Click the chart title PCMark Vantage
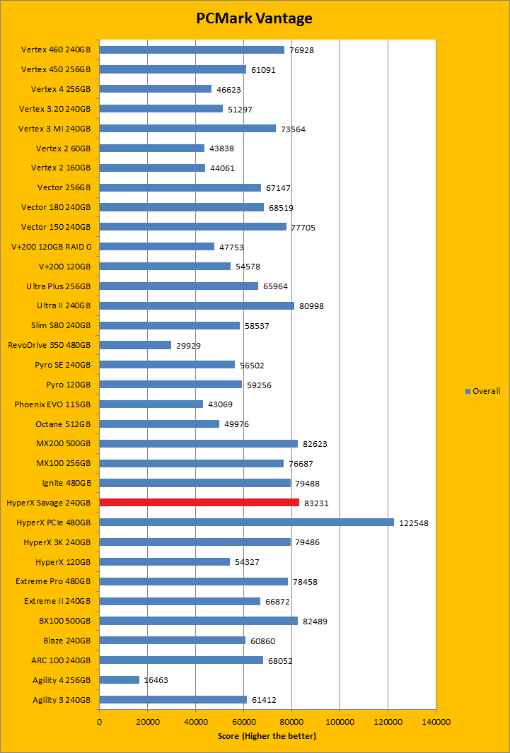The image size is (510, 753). point(255,18)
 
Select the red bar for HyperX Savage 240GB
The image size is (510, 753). point(199,503)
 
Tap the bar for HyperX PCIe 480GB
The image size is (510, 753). point(246,523)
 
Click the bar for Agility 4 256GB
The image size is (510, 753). point(119,680)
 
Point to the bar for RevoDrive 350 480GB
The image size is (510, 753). point(135,345)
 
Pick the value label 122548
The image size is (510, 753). point(414,523)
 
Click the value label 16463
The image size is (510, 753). point(158,680)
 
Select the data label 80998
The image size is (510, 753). point(313,306)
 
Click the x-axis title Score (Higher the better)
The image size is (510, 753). point(267,736)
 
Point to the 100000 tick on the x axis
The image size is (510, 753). point(340,722)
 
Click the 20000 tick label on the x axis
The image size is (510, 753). point(147,722)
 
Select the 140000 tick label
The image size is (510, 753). point(436,722)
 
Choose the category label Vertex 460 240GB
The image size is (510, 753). point(56,49)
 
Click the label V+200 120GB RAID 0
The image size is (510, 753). point(51,247)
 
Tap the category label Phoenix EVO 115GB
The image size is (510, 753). point(52,404)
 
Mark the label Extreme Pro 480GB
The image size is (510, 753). point(53,582)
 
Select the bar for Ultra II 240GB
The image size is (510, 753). point(197,306)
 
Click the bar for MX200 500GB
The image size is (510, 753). point(198,444)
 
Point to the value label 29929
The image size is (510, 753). point(190,345)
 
